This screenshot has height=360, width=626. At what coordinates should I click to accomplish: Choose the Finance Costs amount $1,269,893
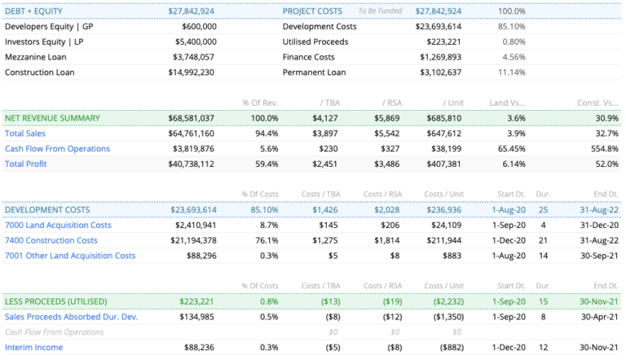[x=440, y=57]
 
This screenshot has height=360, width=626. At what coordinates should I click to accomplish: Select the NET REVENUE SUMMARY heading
[x=52, y=118]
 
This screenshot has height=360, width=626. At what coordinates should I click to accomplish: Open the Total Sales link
[x=25, y=134]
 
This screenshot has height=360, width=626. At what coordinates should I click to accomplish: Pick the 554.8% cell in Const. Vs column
[x=602, y=148]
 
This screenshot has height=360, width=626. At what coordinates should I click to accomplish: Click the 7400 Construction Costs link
[x=51, y=240]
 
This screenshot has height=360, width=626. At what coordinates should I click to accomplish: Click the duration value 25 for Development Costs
[x=542, y=209]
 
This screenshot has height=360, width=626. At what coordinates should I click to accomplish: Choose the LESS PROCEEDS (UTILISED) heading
[x=57, y=301]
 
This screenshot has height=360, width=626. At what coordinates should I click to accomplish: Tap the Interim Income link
[x=34, y=347]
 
